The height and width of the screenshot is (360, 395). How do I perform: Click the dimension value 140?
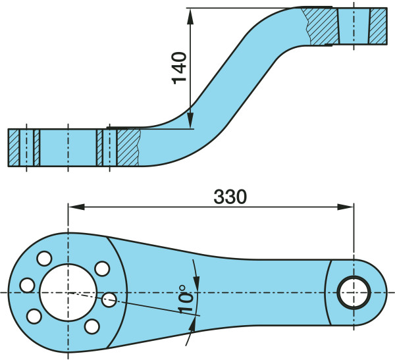[x=180, y=68]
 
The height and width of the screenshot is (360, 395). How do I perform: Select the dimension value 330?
[x=230, y=196]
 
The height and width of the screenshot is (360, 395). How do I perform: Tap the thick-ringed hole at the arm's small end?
[x=354, y=291]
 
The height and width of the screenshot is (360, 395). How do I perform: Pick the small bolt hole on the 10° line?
[x=109, y=300]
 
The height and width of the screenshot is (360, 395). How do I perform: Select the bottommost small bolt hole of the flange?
[x=93, y=325]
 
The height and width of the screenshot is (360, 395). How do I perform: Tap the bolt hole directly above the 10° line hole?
[x=102, y=269]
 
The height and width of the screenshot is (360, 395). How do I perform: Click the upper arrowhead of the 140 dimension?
[x=190, y=14]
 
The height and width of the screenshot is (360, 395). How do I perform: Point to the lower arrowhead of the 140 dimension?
[x=190, y=121]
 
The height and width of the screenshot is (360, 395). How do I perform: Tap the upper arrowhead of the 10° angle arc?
[x=196, y=269]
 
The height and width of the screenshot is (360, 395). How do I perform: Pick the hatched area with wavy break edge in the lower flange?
[x=128, y=147]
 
